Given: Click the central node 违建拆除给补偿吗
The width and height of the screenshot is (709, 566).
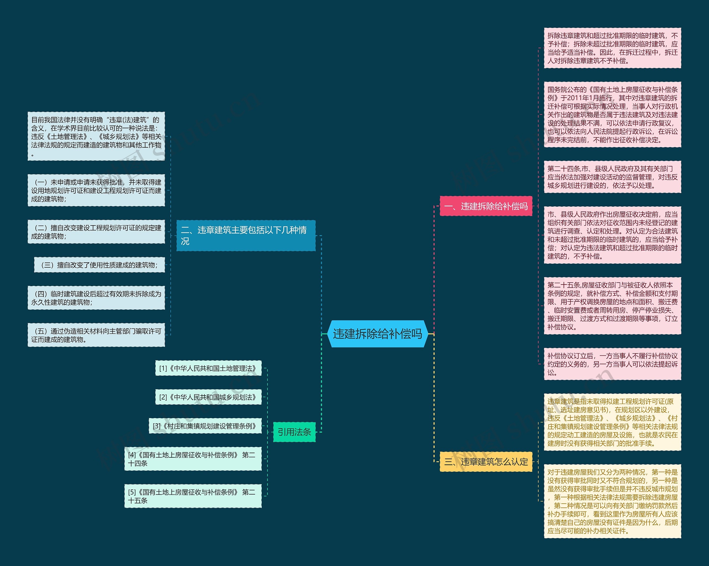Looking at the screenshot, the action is click(377, 334).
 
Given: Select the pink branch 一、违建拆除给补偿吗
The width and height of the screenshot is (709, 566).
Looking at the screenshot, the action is click(486, 206).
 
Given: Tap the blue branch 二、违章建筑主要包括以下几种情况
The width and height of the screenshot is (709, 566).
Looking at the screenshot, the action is click(246, 235).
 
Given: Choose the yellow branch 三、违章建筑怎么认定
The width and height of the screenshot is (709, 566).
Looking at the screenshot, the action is click(486, 462).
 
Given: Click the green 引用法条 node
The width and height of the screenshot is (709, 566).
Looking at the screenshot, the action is click(294, 432).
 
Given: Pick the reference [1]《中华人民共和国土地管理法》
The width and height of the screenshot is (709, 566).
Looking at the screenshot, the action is click(208, 368).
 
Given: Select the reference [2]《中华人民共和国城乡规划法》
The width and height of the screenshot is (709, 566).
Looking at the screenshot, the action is click(208, 397).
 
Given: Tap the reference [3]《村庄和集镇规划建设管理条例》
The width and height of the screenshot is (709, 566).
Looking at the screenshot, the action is click(205, 426).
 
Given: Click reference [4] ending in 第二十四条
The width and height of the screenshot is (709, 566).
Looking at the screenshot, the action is click(193, 459).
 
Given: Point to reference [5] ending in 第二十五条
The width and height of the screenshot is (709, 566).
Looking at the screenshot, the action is click(193, 496).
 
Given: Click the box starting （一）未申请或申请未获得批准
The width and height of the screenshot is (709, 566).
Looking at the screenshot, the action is click(96, 190).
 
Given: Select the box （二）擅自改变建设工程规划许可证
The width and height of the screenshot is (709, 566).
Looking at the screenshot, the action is click(96, 232).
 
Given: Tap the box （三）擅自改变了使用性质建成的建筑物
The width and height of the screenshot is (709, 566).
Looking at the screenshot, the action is click(99, 265).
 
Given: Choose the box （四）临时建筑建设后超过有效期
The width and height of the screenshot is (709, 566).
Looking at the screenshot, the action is click(96, 298).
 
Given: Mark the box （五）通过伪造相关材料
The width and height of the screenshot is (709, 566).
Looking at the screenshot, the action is click(96, 335).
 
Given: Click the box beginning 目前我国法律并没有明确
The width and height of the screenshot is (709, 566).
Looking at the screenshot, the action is click(96, 136).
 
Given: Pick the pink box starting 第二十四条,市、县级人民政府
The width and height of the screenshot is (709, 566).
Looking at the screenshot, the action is click(612, 177).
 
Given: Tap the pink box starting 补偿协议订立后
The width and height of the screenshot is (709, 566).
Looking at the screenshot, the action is click(612, 364).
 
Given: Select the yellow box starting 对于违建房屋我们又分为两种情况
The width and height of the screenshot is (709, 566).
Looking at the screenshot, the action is click(612, 501).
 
